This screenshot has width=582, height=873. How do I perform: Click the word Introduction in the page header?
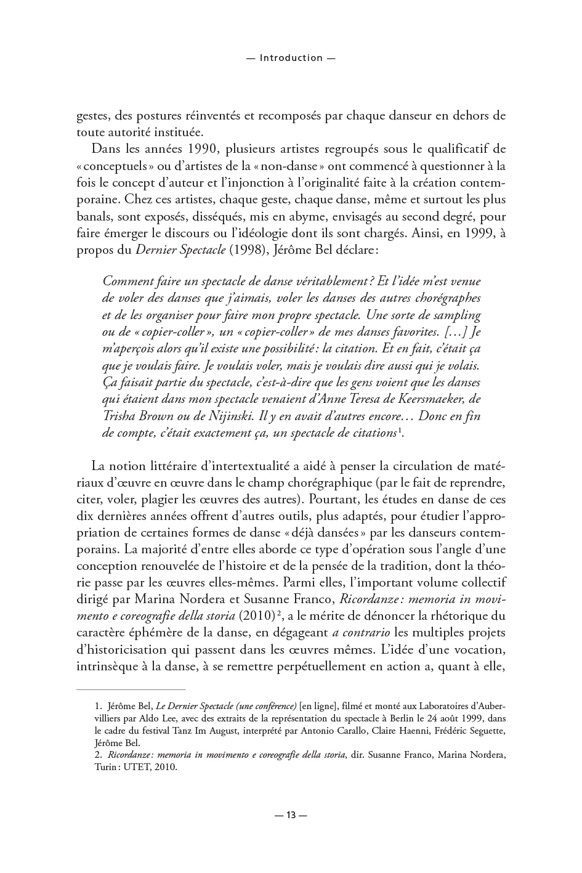click(x=291, y=58)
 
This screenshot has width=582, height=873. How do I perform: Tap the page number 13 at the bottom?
click(x=291, y=815)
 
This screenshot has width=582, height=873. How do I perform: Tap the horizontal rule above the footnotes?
click(x=131, y=690)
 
